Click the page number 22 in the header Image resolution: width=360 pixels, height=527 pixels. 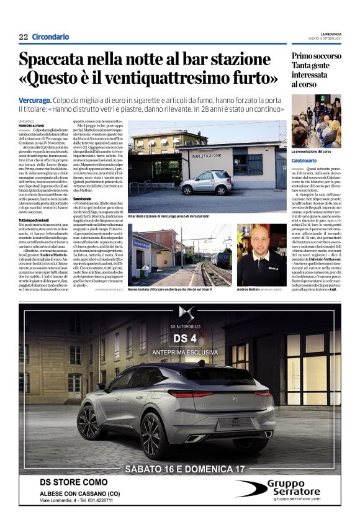pyautogui.click(x=24, y=37)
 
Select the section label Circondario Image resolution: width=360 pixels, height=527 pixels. pyautogui.click(x=51, y=37)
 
